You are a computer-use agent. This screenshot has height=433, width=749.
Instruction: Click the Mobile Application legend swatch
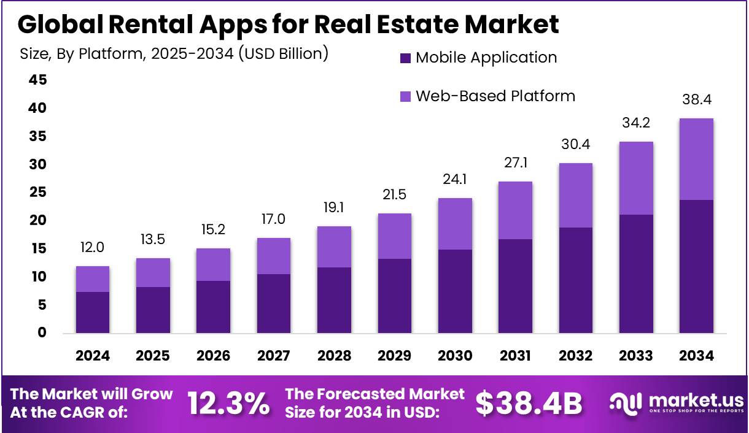[405, 58]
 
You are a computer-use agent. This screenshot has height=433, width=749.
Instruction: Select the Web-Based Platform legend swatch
[405, 97]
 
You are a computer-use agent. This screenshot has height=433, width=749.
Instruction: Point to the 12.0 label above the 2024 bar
[93, 248]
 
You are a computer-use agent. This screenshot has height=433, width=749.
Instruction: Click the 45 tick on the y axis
[38, 80]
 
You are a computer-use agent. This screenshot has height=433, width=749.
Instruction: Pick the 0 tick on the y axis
[42, 333]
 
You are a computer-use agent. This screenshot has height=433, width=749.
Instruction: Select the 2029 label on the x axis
[395, 356]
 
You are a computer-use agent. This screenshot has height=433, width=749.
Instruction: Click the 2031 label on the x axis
[516, 356]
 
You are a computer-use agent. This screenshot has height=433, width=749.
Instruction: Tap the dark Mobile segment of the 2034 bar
[696, 266]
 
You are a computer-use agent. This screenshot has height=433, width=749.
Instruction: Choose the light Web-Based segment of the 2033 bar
[636, 178]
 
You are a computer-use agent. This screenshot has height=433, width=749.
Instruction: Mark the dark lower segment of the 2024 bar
[93, 312]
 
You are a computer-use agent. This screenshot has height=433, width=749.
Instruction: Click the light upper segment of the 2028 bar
[334, 247]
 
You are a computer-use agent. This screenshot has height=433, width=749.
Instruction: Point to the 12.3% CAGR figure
[228, 403]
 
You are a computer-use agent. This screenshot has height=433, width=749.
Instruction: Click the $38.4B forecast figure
[529, 403]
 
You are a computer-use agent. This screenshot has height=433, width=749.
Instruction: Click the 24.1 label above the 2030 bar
[455, 181]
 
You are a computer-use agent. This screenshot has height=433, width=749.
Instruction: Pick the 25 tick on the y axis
[38, 193]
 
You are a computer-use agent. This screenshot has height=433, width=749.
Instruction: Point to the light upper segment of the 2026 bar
[214, 264]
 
